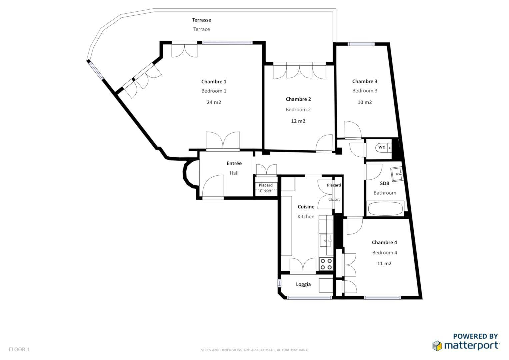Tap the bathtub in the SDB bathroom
[385, 208]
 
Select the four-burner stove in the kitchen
[326, 264]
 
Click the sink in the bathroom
[397, 174]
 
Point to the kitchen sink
[326, 241]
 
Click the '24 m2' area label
[214, 102]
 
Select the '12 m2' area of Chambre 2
[298, 121]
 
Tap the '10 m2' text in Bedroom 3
[365, 102]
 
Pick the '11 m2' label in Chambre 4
[384, 263]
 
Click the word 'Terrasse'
[202, 20]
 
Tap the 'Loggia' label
[303, 284]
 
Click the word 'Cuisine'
[306, 207]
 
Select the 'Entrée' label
[234, 163]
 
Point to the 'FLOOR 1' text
[19, 349]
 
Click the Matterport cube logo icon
[437, 345]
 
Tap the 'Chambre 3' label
[365, 81]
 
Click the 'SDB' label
[384, 183]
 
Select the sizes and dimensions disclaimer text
[254, 350]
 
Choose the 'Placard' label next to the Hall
[266, 185]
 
